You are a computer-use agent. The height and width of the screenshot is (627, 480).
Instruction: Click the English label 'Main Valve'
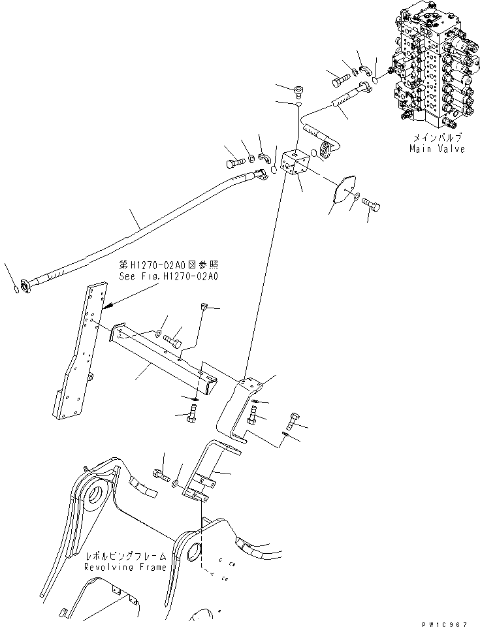pos(437,149)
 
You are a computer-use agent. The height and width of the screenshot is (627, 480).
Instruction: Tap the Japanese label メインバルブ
pos(437,138)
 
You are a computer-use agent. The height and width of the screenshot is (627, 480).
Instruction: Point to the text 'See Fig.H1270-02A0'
pos(168,276)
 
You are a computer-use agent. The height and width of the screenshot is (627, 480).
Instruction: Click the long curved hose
pos(144,229)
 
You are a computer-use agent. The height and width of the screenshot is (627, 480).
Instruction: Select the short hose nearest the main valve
pos(346,104)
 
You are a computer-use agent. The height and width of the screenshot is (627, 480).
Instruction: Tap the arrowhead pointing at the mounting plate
pos(109,304)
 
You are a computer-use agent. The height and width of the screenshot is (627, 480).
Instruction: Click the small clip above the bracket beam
pos(203,306)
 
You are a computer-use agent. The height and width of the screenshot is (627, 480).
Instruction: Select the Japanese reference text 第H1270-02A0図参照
pos(168,265)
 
